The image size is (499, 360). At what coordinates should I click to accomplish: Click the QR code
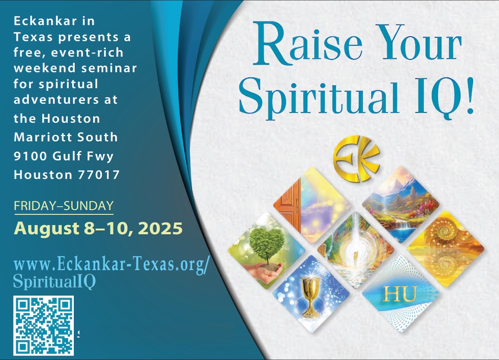tap(43, 326)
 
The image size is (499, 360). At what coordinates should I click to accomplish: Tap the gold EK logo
tap(356, 159)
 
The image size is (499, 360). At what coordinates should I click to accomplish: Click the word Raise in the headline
tap(308, 42)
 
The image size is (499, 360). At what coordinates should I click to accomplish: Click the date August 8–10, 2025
tap(98, 229)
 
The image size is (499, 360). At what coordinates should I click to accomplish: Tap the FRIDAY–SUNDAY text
tap(64, 206)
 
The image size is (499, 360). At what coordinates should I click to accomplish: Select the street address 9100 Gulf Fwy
tap(64, 156)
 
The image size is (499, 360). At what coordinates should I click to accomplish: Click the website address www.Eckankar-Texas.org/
tap(111, 265)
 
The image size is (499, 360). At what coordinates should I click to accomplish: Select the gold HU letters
tap(400, 294)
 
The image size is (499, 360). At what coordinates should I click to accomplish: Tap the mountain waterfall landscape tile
tap(401, 205)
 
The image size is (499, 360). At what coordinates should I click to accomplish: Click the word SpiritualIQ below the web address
tap(54, 282)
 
